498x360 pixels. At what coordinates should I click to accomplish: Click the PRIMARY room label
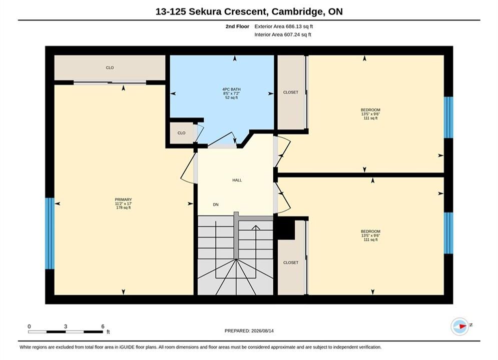click(123, 199)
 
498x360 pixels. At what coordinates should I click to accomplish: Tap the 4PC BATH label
click(231, 89)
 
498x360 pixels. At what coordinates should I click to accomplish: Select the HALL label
click(237, 180)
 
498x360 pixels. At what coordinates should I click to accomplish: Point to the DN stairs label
click(216, 204)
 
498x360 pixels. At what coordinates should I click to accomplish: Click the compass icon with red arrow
click(460, 326)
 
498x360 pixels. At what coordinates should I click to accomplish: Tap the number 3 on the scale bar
click(66, 326)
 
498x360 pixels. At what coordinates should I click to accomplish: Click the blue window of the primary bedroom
click(50, 233)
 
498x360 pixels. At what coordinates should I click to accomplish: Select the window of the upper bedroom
click(448, 117)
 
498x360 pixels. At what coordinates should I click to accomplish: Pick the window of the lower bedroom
click(448, 233)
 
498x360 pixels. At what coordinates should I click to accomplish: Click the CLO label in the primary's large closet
click(110, 67)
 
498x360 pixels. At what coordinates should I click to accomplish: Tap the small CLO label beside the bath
click(181, 133)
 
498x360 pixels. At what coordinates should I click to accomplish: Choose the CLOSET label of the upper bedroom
click(291, 92)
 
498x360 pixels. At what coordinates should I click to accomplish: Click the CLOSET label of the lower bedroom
click(291, 262)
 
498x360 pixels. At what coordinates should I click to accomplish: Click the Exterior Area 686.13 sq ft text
click(284, 26)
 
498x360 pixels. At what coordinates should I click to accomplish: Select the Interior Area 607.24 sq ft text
click(283, 34)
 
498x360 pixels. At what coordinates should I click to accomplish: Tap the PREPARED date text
click(249, 331)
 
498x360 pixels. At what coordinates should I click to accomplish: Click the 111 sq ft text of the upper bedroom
click(370, 118)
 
